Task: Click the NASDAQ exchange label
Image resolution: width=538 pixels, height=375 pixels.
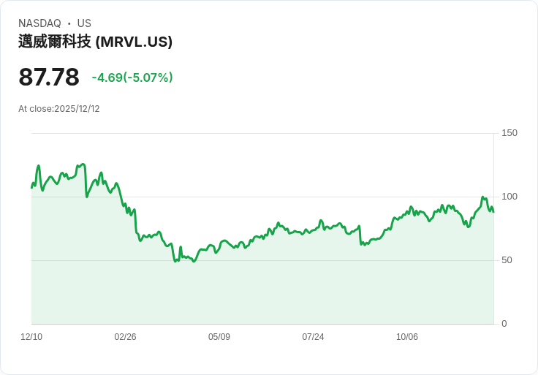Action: (x=39, y=23)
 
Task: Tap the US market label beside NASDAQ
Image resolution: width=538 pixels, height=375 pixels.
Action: (x=84, y=23)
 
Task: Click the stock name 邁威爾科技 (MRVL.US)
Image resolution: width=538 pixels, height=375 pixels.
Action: (x=95, y=42)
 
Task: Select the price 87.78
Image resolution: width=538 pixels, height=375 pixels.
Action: (x=49, y=77)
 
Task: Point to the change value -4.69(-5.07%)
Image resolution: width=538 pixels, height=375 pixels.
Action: (x=132, y=77)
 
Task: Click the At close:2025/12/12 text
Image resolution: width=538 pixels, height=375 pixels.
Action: (x=59, y=109)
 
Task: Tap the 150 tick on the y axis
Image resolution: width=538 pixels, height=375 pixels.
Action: (x=509, y=133)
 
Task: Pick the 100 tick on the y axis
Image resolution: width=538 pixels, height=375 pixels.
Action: (x=509, y=197)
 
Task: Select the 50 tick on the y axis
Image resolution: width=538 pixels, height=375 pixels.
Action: (x=507, y=260)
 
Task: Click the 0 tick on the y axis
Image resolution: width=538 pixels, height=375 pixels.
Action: (x=504, y=324)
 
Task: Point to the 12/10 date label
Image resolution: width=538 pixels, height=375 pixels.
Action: (x=31, y=337)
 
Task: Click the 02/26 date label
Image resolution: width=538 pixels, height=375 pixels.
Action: (x=125, y=337)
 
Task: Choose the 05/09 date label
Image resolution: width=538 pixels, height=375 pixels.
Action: (x=219, y=337)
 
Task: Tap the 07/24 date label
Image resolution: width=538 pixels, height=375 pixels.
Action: (x=313, y=337)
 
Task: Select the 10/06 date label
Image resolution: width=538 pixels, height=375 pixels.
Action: (x=407, y=337)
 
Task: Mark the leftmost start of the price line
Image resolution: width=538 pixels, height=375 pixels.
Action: (x=31, y=188)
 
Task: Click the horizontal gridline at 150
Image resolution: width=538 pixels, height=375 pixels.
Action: (x=263, y=133)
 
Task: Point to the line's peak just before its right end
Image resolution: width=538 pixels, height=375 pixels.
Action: (x=483, y=197)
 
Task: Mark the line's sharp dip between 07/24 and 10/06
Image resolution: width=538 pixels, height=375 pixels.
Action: (x=361, y=244)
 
